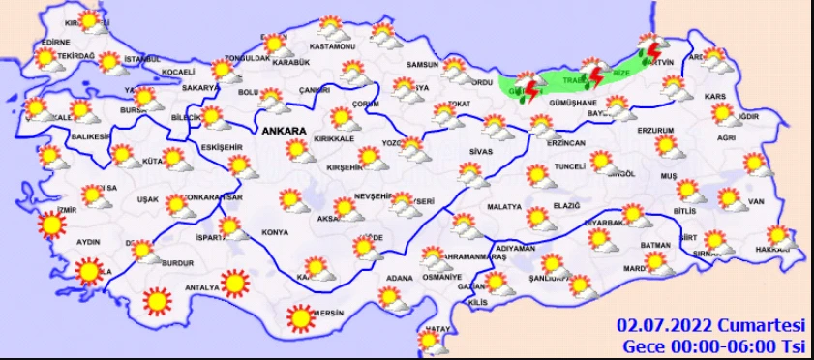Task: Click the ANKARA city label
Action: (283, 130)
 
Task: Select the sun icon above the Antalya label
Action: (234, 284)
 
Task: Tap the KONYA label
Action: (275, 233)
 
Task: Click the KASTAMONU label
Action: (334, 46)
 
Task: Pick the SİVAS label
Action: (481, 152)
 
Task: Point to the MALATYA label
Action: (504, 206)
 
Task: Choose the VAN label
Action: (757, 201)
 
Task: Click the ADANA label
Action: (399, 279)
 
